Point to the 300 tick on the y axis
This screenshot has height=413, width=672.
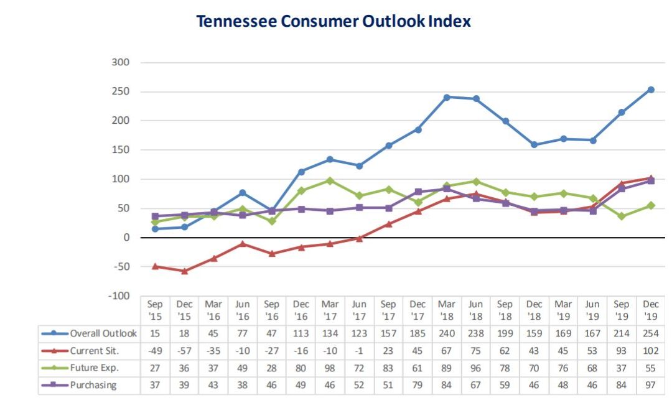121,62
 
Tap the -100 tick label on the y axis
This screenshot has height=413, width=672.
118,296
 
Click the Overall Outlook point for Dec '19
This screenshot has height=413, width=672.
651,90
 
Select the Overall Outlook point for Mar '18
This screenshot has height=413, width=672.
447,97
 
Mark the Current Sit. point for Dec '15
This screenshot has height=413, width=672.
184,271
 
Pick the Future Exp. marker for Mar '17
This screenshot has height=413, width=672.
330,180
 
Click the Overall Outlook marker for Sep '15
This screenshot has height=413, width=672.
155,229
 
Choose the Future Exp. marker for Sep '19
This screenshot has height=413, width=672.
622,216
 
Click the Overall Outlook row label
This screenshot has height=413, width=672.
103,333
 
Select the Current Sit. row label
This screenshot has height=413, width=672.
94,351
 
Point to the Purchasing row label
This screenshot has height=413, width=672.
93,385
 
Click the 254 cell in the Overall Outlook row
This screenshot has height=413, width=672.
651,333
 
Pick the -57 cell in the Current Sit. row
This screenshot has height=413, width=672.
184,351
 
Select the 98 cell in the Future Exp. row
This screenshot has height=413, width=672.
330,368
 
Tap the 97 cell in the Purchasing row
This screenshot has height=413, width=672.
651,385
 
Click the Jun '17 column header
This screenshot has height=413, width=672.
359,310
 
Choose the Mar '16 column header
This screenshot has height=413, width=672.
213,310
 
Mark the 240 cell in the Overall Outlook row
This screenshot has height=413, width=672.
447,333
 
